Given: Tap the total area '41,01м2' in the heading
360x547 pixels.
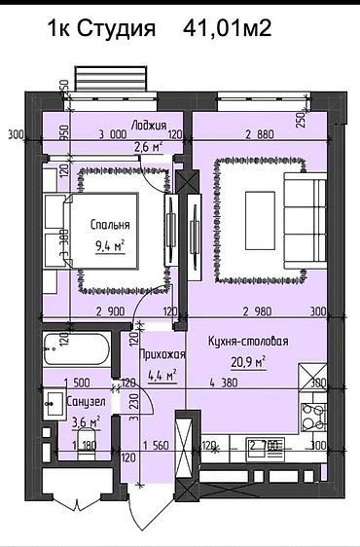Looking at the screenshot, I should point(227,30).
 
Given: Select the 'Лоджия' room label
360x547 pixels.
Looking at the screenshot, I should point(150,125).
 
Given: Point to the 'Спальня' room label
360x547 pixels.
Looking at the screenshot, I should point(110,225).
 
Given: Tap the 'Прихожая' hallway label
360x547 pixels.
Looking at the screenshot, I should point(156,354).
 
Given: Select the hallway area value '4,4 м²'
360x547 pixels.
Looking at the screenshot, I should point(158,374).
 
